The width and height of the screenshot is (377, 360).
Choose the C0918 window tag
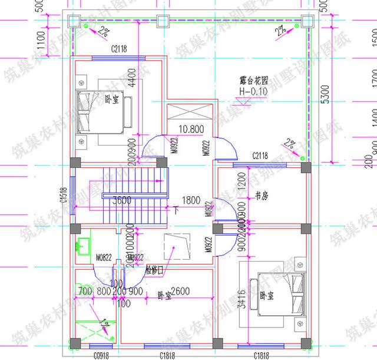point(102,355)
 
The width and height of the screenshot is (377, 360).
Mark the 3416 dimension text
point(240,299)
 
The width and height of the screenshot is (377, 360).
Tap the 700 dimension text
point(84,290)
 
